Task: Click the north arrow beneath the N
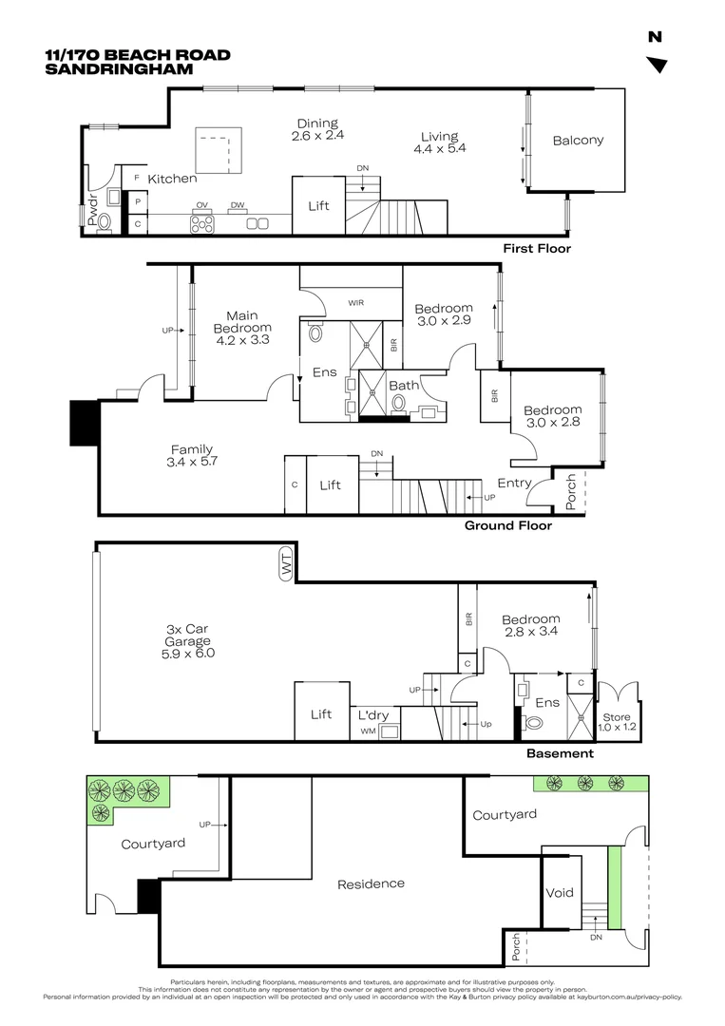coord(657,65)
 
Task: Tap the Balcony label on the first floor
coord(578,140)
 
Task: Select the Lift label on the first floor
coord(318,205)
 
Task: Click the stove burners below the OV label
coord(202,224)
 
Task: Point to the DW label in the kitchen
coord(238,205)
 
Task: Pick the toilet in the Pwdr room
coord(105,223)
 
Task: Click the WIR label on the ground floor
coord(356,303)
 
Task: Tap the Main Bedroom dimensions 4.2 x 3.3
coord(242,339)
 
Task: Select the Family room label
coord(192,449)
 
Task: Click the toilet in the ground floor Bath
coord(398,403)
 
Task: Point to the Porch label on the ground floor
coord(571,492)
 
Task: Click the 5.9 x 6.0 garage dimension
coord(188,653)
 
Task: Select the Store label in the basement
coord(617,717)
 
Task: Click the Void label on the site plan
coord(560,892)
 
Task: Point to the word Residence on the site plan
coord(371,884)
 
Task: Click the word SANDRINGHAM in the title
coord(119,68)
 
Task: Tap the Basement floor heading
coord(560,753)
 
